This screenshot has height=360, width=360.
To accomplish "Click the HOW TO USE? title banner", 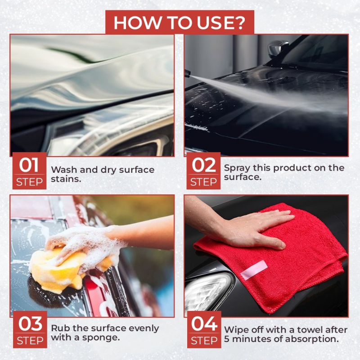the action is (x=180, y=22).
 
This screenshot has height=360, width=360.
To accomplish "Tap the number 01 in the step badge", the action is (x=29, y=165).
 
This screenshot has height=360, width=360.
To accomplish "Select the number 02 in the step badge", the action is (x=204, y=165).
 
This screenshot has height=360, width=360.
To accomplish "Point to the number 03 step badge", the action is (x=30, y=329).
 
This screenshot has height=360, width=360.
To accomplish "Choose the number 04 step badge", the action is (x=204, y=329).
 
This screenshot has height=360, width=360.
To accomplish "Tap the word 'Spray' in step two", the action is (x=237, y=168).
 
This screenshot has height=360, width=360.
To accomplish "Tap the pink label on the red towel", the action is (x=254, y=270).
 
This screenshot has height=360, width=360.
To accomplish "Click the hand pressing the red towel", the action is (x=248, y=229).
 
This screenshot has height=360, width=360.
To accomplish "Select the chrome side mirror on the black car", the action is (x=278, y=49).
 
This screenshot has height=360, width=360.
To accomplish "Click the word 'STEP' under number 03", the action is (x=30, y=341).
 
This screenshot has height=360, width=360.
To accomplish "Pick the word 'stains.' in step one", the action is (x=66, y=179).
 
